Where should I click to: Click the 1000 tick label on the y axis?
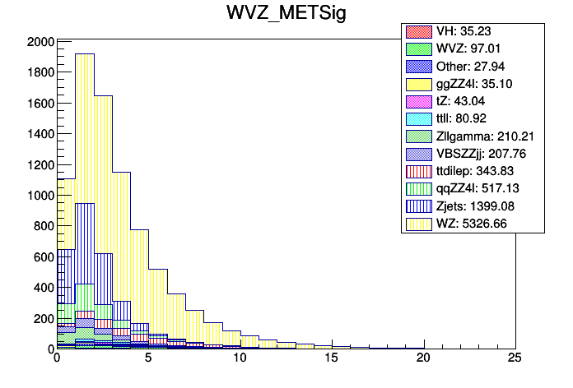pos(39,196)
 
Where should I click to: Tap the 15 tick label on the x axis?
pos(331,358)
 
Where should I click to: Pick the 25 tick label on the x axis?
pos(514,358)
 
